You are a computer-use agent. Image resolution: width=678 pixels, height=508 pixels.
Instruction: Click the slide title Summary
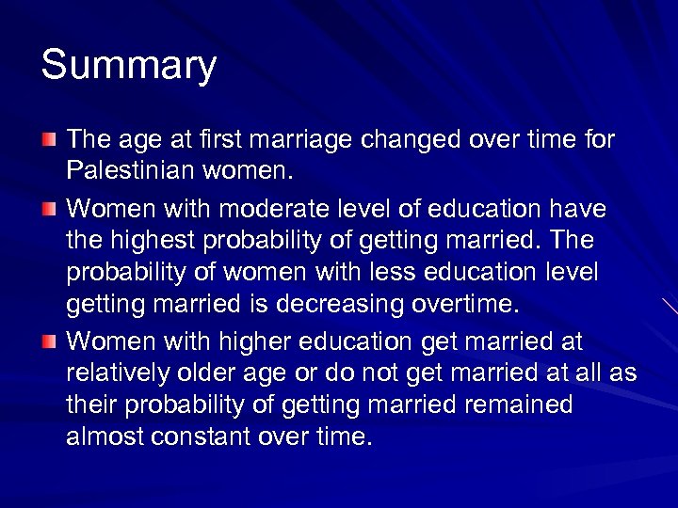click(129, 66)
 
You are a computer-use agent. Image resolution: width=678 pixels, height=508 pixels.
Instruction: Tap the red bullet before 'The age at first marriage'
click(48, 141)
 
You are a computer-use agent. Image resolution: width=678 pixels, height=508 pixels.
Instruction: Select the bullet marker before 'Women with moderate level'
click(48, 207)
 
